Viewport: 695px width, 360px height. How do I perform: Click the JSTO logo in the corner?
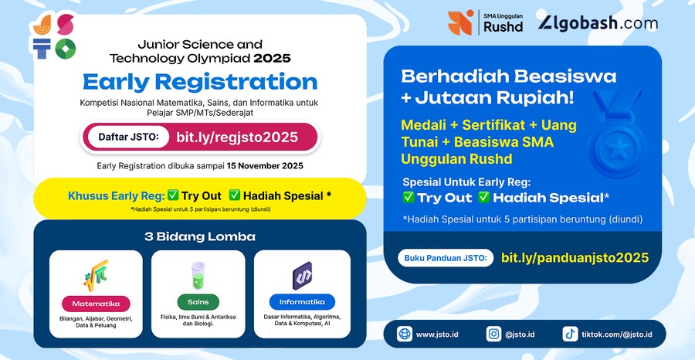point(54,36)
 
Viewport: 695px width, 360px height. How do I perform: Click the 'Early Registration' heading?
point(200,82)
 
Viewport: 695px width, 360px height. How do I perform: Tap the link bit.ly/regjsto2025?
point(237,138)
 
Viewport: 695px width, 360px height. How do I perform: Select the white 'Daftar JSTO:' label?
point(128,138)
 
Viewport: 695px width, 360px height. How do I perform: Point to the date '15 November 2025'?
point(265,165)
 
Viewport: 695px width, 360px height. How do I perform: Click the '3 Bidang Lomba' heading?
point(199,236)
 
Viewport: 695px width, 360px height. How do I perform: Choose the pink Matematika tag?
point(96,302)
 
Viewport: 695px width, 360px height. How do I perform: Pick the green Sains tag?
point(198,302)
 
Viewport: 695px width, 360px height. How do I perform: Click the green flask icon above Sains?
point(198,274)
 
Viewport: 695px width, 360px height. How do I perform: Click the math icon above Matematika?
point(96,274)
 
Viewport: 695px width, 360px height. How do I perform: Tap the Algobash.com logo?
point(598,23)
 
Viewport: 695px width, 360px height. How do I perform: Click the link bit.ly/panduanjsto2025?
point(575,258)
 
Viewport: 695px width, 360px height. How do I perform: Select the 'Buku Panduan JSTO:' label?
point(446,258)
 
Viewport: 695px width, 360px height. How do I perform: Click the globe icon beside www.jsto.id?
point(403,335)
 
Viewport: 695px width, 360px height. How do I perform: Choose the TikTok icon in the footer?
point(570,335)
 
